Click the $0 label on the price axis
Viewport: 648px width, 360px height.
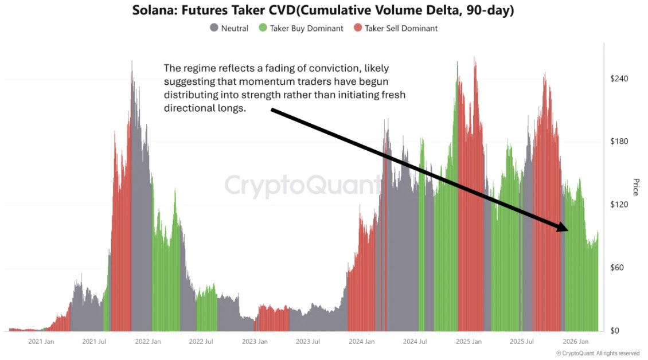tap(615, 331)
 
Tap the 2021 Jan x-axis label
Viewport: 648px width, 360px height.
tap(41, 342)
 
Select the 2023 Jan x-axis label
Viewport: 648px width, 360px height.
tap(254, 342)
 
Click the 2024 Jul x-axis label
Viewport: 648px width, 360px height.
tap(414, 342)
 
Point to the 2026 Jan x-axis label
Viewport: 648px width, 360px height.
tap(575, 342)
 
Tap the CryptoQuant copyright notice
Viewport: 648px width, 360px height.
tap(598, 353)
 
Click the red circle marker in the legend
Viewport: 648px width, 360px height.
tap(358, 28)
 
